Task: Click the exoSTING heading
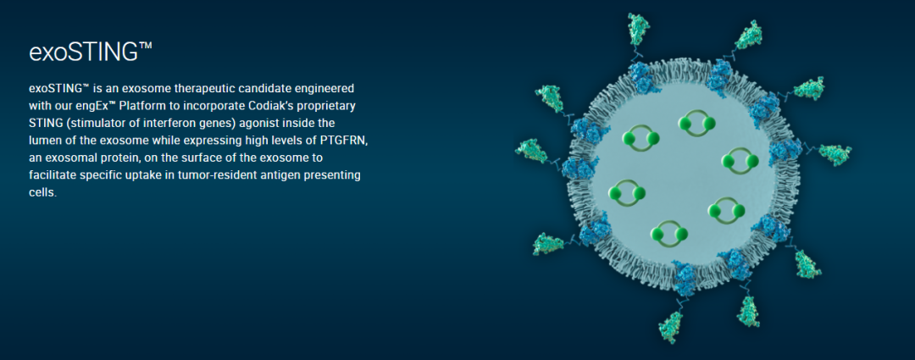91,52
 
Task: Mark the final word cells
42,192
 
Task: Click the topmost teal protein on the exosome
639,28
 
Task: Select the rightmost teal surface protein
835,154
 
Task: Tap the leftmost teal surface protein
531,151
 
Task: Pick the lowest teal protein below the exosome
671,327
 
